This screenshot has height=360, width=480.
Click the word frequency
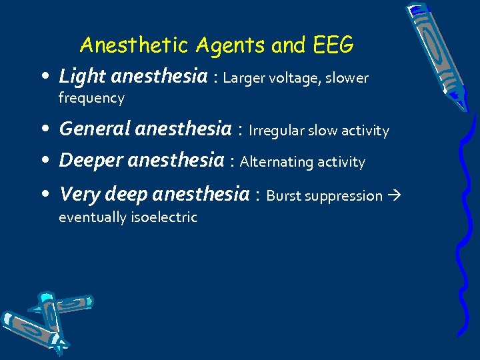tap(91, 99)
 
